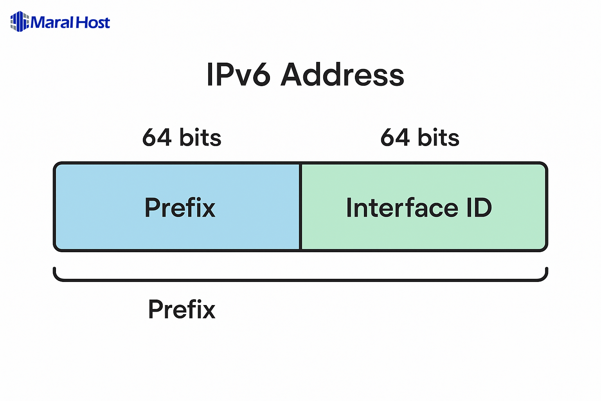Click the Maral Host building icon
click(x=20, y=22)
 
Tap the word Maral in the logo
click(x=52, y=22)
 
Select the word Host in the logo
click(x=92, y=22)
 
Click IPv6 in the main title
click(x=238, y=75)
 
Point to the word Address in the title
click(x=342, y=75)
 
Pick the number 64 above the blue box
click(x=157, y=137)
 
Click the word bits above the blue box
click(x=200, y=137)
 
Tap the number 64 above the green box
click(x=395, y=137)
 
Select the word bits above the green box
click(x=438, y=137)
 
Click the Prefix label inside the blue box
click(x=180, y=208)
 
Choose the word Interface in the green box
click(x=402, y=208)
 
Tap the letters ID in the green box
click(x=479, y=208)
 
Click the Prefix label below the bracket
click(x=182, y=309)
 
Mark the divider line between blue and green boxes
click(x=300, y=207)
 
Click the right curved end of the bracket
click(x=545, y=276)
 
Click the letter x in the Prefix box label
click(x=208, y=208)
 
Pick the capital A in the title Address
click(x=294, y=75)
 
